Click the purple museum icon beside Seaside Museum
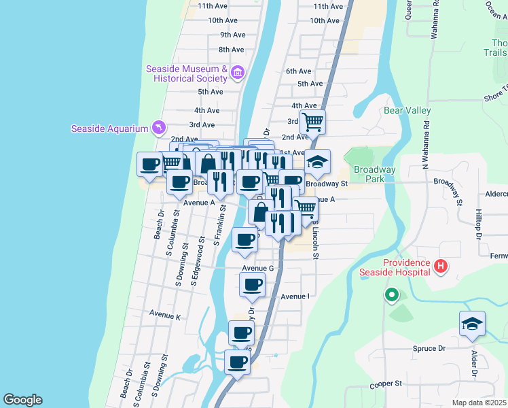(237, 72)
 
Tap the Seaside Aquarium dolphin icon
(158, 128)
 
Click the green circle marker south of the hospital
(391, 295)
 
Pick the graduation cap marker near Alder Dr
(472, 325)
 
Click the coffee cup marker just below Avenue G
(252, 285)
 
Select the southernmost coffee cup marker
(237, 362)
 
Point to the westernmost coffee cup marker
(150, 164)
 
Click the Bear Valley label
(407, 110)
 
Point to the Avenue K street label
(165, 316)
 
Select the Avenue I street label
(295, 296)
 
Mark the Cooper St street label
(386, 384)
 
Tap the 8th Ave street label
(231, 50)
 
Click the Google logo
(22, 399)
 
